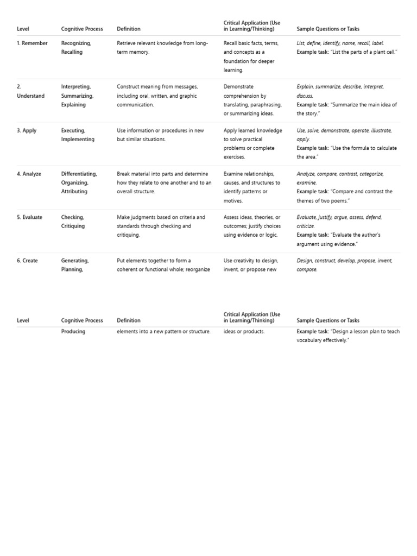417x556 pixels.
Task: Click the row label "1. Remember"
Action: [x=32, y=43]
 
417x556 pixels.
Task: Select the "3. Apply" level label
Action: [x=27, y=130]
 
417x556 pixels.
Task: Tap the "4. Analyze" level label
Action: [x=29, y=174]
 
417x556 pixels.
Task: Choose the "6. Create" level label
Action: [x=27, y=261]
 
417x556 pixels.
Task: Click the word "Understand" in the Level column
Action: [x=31, y=96]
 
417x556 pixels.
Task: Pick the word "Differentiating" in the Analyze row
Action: [x=79, y=174]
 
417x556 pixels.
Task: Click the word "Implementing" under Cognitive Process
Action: [x=78, y=139]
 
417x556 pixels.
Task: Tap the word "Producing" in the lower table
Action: [x=73, y=331]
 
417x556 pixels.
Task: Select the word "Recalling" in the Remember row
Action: [x=72, y=52]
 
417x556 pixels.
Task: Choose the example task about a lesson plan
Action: [x=347, y=336]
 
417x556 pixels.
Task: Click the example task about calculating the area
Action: [x=346, y=152]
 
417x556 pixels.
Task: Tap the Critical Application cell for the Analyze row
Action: [x=252, y=187]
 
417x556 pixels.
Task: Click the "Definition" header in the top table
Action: [x=129, y=29]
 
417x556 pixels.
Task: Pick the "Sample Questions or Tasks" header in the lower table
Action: [x=328, y=320]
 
